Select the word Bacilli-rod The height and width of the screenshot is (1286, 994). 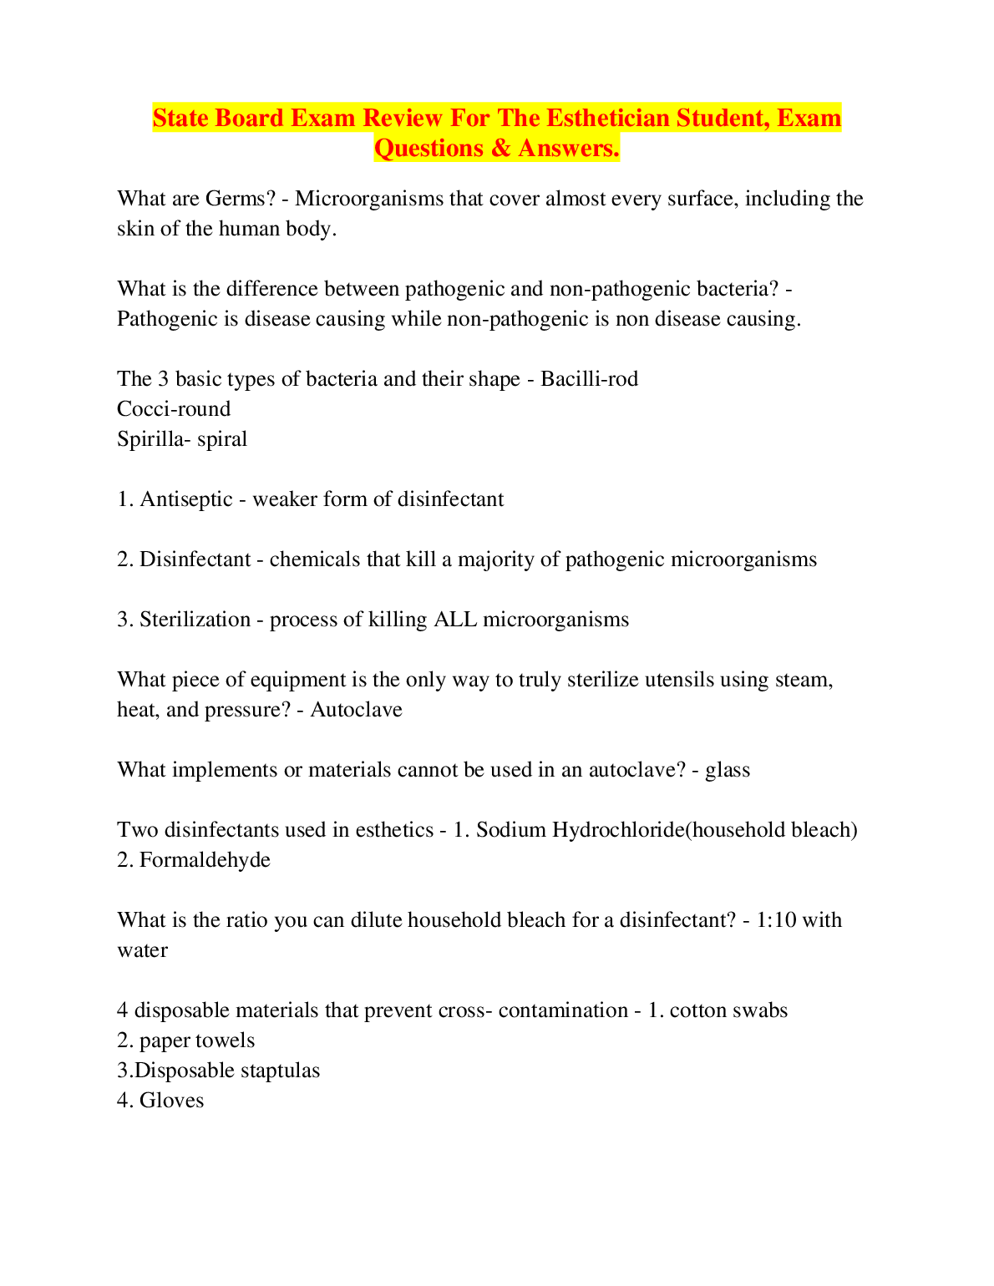pyautogui.click(x=589, y=379)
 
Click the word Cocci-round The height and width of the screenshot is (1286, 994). pyautogui.click(x=174, y=409)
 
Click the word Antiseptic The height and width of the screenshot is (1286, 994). pyautogui.click(x=186, y=499)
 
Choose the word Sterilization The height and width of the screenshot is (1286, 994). pyautogui.click(x=195, y=620)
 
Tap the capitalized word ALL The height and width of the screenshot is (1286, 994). pyautogui.click(x=455, y=620)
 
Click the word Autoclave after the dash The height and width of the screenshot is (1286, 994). pyautogui.click(x=357, y=710)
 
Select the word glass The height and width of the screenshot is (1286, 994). pyautogui.click(x=728, y=770)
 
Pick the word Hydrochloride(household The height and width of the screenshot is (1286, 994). pyautogui.click(x=669, y=830)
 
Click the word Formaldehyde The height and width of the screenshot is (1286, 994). pyautogui.click(x=205, y=860)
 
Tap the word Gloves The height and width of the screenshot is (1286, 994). pyautogui.click(x=171, y=1101)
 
